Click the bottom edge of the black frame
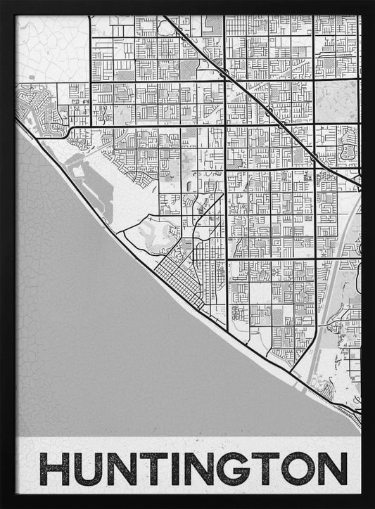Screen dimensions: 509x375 coord(187,504)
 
